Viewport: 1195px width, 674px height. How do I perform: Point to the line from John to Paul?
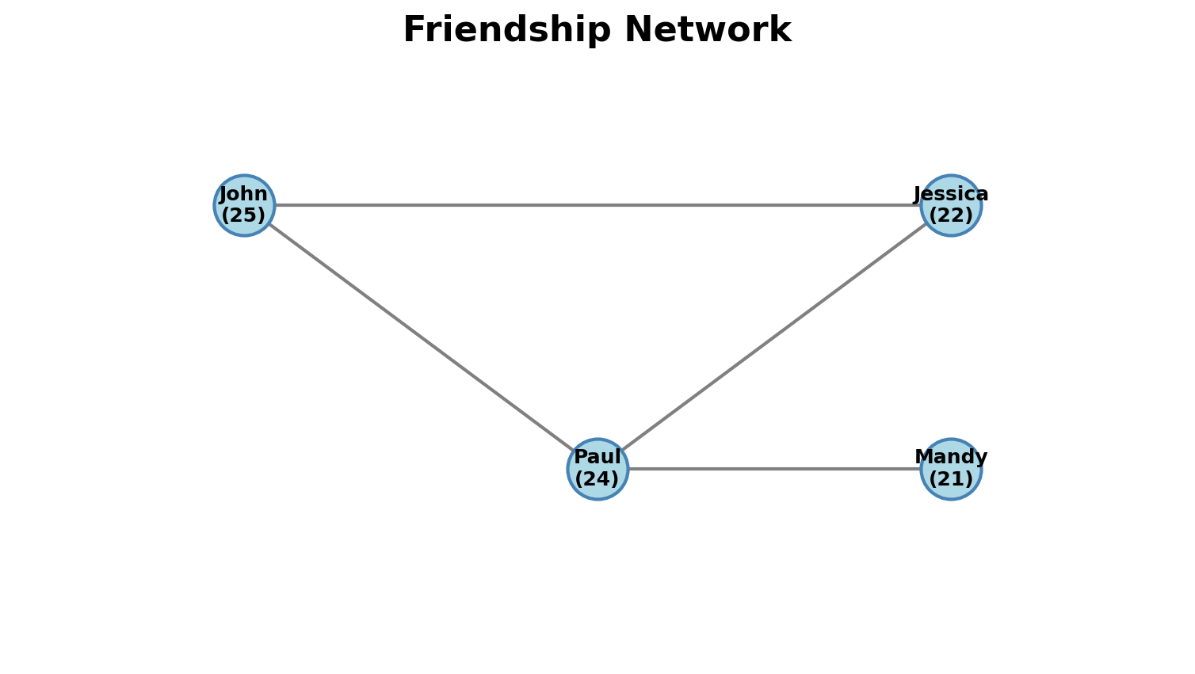click(420, 337)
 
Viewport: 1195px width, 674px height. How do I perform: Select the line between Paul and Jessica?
click(774, 337)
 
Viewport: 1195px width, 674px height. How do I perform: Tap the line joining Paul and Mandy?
click(774, 469)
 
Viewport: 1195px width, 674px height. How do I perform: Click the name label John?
click(243, 194)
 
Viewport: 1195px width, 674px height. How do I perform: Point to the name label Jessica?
click(951, 194)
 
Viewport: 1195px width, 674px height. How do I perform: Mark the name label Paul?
click(597, 458)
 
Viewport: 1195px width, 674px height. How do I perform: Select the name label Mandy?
click(951, 458)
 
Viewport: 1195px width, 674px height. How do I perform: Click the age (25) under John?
click(243, 215)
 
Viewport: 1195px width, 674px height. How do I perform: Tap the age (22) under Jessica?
click(951, 215)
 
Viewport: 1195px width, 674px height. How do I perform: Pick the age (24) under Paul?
click(597, 479)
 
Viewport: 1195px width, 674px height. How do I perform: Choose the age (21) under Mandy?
click(951, 479)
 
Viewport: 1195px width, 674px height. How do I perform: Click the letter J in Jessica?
click(918, 195)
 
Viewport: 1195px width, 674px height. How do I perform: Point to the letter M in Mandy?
click(923, 458)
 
